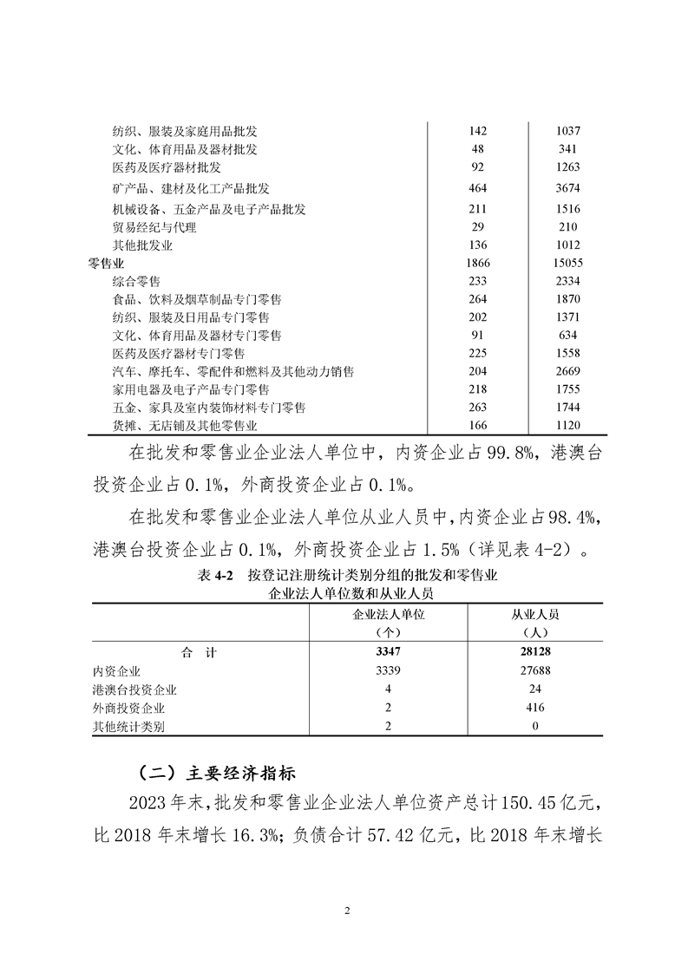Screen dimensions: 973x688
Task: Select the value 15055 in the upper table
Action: tap(567, 263)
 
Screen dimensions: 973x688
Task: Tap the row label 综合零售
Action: tap(136, 281)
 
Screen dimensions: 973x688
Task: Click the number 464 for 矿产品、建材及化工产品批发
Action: tap(477, 188)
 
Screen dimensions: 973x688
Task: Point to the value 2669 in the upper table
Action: tap(567, 371)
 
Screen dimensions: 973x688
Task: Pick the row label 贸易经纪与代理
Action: tap(154, 227)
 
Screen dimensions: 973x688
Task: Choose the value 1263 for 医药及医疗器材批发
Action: tap(567, 167)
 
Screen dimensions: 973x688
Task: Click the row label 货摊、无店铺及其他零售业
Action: tap(185, 425)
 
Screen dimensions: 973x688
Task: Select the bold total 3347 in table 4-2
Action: tap(389, 653)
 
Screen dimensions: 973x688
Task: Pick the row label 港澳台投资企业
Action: tap(134, 689)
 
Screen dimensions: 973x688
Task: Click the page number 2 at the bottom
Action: tap(345, 911)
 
